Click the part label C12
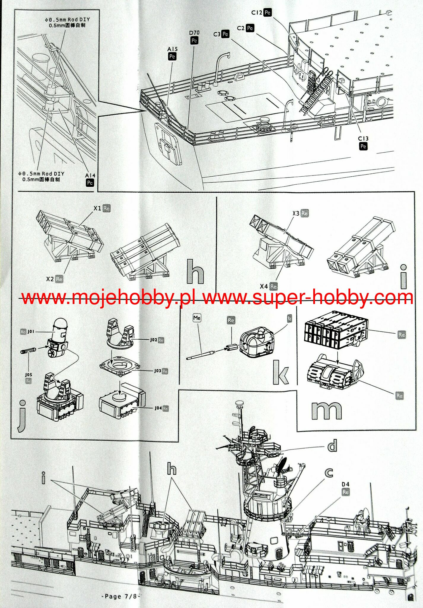tap(257, 12)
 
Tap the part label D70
tap(194, 33)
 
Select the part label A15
tap(172, 49)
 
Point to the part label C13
tap(363, 139)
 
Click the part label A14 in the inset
tap(90, 176)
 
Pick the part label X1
tap(98, 208)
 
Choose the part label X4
tap(264, 286)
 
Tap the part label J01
tap(31, 332)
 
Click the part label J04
tap(158, 408)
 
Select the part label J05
tap(28, 375)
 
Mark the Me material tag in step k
tap(197, 318)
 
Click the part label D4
tap(346, 484)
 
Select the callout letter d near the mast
tap(332, 446)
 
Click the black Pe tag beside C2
tap(250, 28)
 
